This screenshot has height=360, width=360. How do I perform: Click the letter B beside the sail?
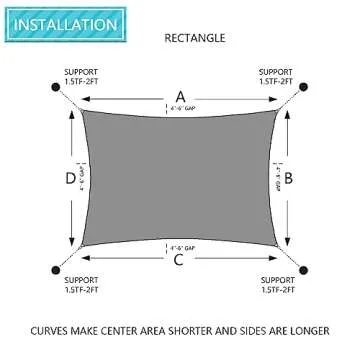(x=289, y=179)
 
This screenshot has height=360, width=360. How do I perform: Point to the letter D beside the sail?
(x=69, y=180)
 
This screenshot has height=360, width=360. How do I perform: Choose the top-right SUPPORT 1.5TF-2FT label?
(x=276, y=76)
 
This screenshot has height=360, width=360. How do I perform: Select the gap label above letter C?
(x=180, y=245)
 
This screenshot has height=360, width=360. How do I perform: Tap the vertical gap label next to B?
(x=276, y=180)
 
